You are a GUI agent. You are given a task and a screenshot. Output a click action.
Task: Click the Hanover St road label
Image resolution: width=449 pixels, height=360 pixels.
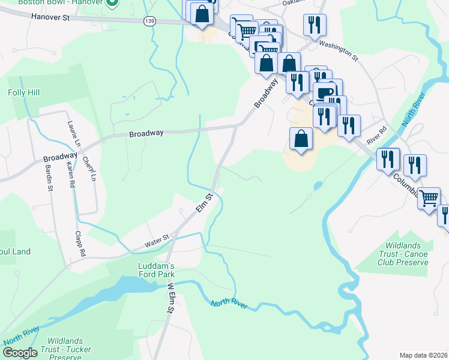tap(51, 18)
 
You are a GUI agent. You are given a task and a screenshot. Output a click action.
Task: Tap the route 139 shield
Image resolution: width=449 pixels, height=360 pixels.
tap(149, 21)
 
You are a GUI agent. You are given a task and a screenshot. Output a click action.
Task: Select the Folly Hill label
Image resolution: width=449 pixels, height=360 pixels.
tap(23, 93)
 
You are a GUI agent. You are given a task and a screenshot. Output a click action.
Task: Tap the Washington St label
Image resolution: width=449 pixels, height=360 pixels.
tap(338, 51)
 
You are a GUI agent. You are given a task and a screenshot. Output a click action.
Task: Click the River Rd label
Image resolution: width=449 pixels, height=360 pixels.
tap(375, 131)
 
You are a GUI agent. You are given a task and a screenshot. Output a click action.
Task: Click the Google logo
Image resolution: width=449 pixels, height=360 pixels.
tap(20, 353)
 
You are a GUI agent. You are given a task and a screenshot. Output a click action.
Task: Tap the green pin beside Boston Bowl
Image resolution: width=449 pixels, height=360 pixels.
tap(112, 4)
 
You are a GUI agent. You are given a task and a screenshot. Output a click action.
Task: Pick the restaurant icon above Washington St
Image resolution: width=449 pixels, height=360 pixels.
tap(315, 25)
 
